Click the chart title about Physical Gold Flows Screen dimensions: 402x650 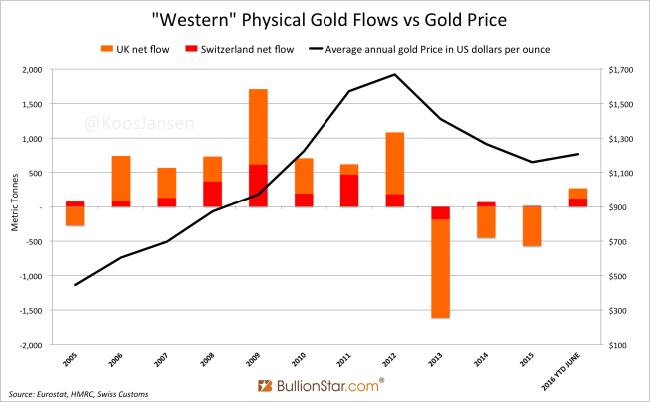tap(325, 19)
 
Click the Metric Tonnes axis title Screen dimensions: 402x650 tap(13, 206)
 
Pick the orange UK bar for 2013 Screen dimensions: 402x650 tap(440, 269)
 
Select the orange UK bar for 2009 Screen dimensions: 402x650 tap(257, 126)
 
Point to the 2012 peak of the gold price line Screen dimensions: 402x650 tap(394, 74)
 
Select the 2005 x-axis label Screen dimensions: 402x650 tap(73, 359)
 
